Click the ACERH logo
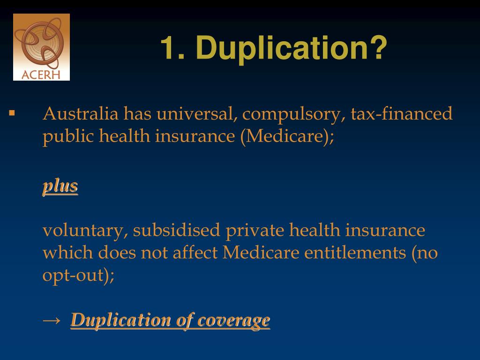pyautogui.click(x=41, y=47)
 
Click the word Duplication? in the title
pyautogui.click(x=292, y=48)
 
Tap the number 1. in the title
pyautogui.click(x=172, y=48)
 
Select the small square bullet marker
pyautogui.click(x=12, y=113)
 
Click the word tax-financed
pyautogui.click(x=402, y=114)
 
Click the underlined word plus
pyautogui.click(x=60, y=186)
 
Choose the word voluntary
pyautogui.click(x=84, y=231)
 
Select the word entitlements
pyautogui.click(x=355, y=253)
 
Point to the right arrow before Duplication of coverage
pyautogui.click(x=51, y=320)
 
